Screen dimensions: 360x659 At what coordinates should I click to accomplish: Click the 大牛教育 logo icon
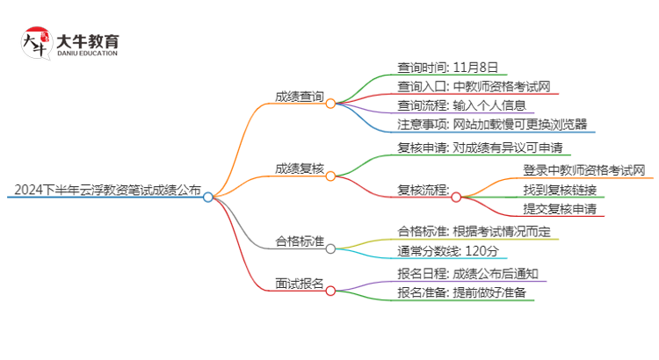click(34, 43)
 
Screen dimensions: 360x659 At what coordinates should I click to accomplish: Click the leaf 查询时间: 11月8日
click(447, 67)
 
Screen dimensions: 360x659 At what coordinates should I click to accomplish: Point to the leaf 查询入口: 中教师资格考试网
click(474, 86)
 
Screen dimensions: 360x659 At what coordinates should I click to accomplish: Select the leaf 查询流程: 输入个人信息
click(463, 105)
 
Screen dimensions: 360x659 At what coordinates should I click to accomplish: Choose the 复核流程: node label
click(423, 190)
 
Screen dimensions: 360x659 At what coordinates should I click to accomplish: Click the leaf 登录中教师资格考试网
click(584, 169)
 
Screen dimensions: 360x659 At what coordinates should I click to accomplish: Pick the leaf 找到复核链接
click(560, 189)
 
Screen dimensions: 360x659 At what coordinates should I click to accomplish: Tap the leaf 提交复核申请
click(560, 208)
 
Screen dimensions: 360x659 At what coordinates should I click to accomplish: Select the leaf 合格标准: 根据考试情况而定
click(474, 232)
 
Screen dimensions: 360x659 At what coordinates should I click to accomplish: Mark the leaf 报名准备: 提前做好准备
click(461, 293)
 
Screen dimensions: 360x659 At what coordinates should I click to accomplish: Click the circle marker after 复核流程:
click(456, 198)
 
